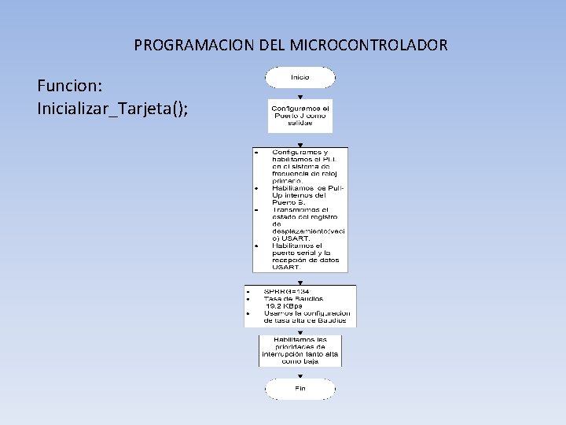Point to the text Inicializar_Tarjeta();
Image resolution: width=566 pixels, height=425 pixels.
[112, 108]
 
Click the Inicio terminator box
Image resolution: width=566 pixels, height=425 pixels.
[300, 77]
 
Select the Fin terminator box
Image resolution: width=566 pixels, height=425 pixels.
[300, 389]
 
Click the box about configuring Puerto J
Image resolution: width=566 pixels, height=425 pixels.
[300, 115]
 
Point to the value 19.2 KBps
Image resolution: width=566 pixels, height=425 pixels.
[283, 306]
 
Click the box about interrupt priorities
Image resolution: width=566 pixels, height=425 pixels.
[300, 350]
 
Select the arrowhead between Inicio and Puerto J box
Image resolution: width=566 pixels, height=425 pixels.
[300, 97]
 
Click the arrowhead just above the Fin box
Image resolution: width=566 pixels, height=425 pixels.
[300, 375]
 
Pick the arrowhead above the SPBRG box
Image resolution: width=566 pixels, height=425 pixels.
[300, 281]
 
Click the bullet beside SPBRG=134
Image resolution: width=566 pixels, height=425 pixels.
[248, 291]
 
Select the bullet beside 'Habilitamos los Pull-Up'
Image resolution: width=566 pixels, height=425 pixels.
[256, 189]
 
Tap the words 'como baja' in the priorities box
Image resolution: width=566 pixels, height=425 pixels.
[300, 361]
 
